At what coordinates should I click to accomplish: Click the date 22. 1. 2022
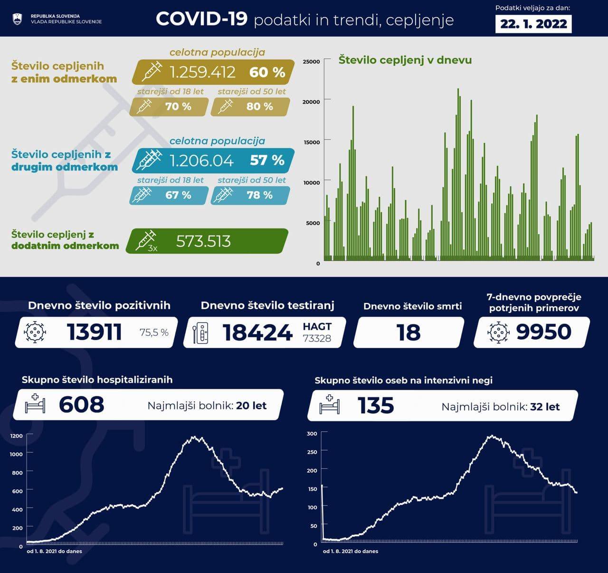pyautogui.click(x=533, y=24)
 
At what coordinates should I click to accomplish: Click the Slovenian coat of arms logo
pyautogui.click(x=17, y=19)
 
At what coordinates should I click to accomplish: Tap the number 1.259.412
pyautogui.click(x=202, y=72)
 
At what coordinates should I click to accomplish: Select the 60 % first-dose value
pyautogui.click(x=267, y=72)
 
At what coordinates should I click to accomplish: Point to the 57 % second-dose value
pyautogui.click(x=267, y=161)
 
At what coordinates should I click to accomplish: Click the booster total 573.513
pyautogui.click(x=203, y=241)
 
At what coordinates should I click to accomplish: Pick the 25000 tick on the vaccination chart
pyautogui.click(x=311, y=62)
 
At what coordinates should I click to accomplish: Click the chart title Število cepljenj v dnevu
pyautogui.click(x=405, y=60)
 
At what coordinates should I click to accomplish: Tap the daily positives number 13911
pyautogui.click(x=94, y=332)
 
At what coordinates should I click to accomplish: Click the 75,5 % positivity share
pyautogui.click(x=154, y=333)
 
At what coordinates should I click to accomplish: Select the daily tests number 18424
pyautogui.click(x=257, y=333)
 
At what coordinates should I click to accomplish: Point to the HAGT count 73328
pyautogui.click(x=317, y=338)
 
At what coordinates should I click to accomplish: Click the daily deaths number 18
pyautogui.click(x=408, y=333)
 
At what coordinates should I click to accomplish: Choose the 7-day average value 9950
pyautogui.click(x=543, y=332)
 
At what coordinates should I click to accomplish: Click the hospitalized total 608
pyautogui.click(x=81, y=405)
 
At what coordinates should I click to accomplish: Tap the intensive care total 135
pyautogui.click(x=375, y=406)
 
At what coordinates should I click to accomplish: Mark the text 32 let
pyautogui.click(x=545, y=407)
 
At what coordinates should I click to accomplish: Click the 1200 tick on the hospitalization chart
pyautogui.click(x=16, y=436)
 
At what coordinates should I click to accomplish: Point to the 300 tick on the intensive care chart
pyautogui.click(x=312, y=434)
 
